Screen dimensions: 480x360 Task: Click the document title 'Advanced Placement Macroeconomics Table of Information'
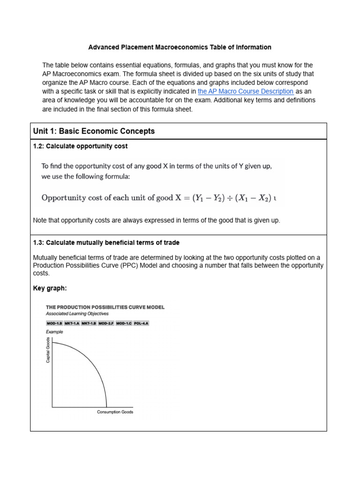[x=180, y=47]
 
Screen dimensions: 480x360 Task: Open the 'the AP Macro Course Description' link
[x=246, y=91]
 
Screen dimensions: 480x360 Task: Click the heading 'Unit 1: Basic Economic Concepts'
[x=94, y=131]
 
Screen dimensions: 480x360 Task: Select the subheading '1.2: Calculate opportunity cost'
[x=80, y=146]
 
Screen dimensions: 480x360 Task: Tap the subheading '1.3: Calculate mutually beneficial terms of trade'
[x=106, y=243]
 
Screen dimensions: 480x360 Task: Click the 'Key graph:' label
[x=50, y=288]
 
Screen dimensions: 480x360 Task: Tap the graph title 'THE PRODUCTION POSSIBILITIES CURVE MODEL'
[x=105, y=307]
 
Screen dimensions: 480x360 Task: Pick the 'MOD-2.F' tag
[x=106, y=323]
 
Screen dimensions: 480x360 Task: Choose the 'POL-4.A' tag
[x=141, y=323]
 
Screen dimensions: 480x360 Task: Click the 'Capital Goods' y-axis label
[x=48, y=350]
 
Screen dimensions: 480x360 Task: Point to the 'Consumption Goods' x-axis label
[x=115, y=412]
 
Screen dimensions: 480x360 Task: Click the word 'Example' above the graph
[x=54, y=332]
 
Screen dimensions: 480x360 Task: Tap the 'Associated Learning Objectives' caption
[x=77, y=314]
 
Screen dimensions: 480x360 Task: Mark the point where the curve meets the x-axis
[x=107, y=407]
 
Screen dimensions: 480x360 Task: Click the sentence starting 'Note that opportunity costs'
[x=157, y=221]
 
